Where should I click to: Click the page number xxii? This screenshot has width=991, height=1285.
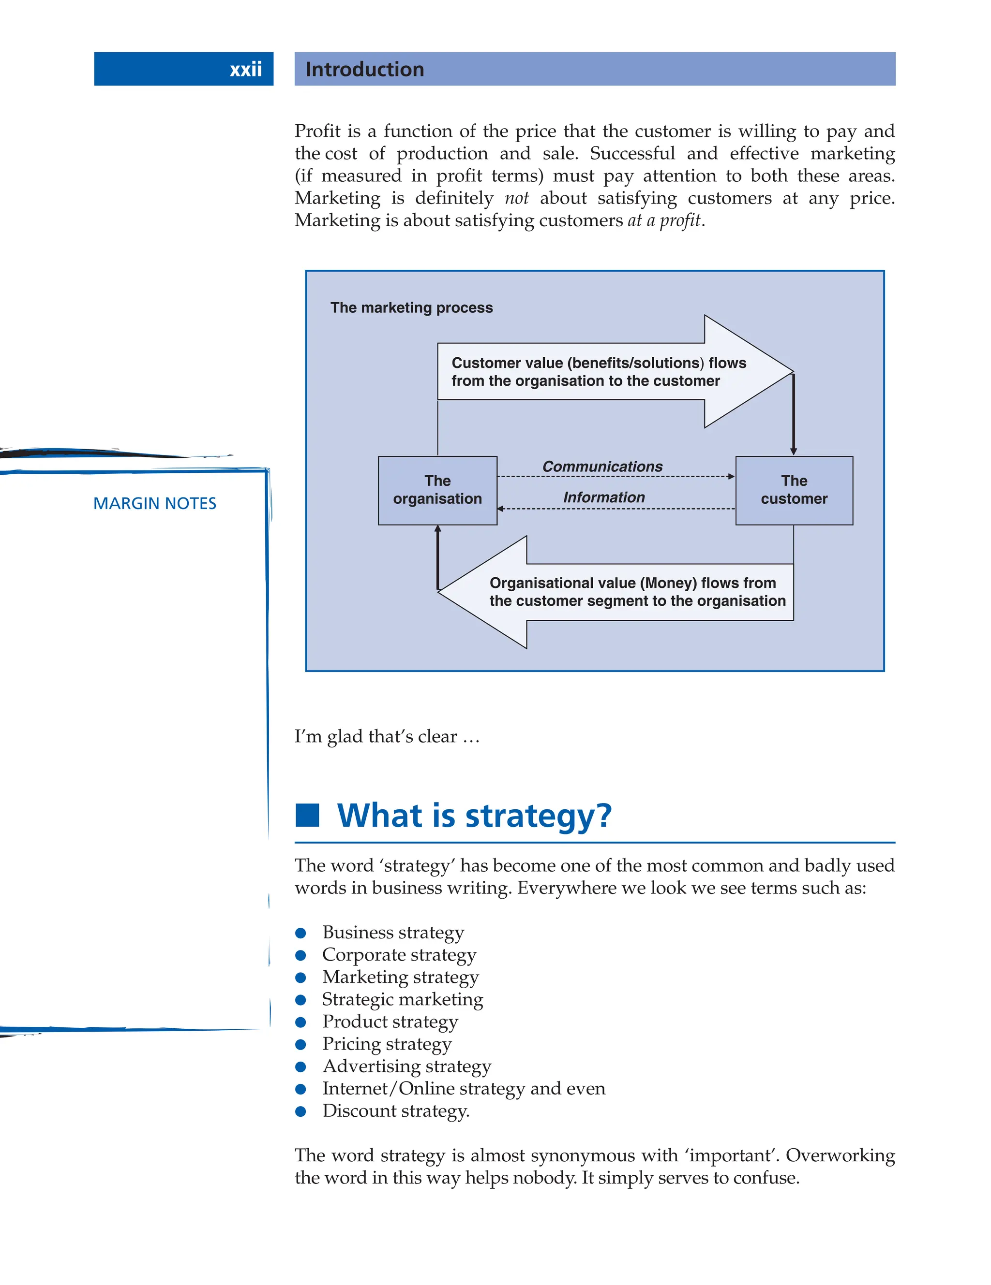click(x=245, y=70)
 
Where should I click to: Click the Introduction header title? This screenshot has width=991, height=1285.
click(x=364, y=70)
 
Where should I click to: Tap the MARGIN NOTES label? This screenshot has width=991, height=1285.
click(x=155, y=504)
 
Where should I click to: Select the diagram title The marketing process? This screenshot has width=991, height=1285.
click(x=412, y=308)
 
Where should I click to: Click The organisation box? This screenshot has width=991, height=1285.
click(x=437, y=490)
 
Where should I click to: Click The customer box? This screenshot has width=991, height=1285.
click(x=794, y=490)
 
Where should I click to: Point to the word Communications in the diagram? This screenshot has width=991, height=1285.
click(x=602, y=467)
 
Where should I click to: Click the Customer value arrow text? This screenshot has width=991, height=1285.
click(x=598, y=372)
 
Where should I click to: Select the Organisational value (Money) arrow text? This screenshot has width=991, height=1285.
click(x=637, y=592)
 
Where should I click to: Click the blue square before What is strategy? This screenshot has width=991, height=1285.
click(x=307, y=815)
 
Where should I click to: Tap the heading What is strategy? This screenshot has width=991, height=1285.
click(x=474, y=816)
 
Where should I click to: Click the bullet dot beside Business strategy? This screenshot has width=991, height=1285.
click(x=301, y=933)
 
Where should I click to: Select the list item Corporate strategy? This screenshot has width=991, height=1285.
click(x=399, y=955)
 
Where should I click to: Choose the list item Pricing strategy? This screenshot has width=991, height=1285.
click(x=387, y=1044)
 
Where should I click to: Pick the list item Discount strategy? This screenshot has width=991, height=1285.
click(x=396, y=1111)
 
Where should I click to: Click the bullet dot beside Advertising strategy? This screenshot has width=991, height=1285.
click(x=301, y=1066)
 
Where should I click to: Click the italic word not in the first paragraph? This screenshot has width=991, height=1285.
click(x=516, y=198)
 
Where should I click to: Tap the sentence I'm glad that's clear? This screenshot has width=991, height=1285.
click(x=387, y=737)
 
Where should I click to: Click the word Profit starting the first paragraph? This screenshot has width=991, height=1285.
click(x=317, y=131)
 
